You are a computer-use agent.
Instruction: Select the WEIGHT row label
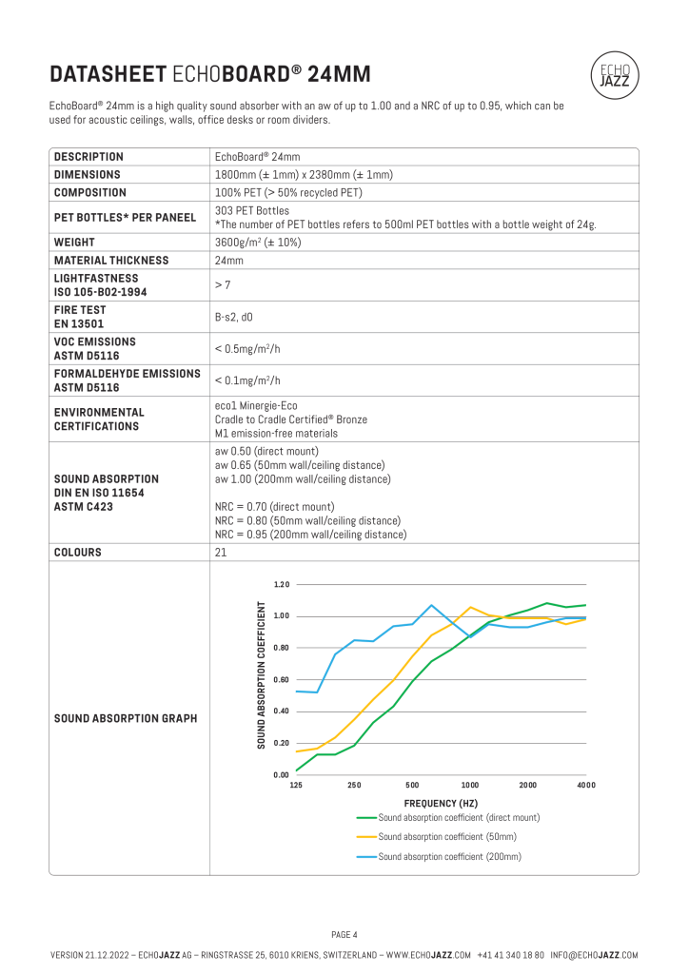pos(74,243)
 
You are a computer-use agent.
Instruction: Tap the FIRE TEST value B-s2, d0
pos(234,317)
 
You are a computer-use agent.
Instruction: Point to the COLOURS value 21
pos(221,552)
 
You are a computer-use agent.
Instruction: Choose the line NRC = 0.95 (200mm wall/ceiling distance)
pos(310,535)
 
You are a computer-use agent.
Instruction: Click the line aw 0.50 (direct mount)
pos(267,451)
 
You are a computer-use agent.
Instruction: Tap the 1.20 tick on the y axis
pos(281,584)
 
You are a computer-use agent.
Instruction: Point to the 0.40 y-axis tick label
pos(281,711)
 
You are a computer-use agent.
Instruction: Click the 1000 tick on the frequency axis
pos(470,785)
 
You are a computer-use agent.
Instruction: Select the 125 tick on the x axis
pos(296,785)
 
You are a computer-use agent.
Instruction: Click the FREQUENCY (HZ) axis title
pos(441,804)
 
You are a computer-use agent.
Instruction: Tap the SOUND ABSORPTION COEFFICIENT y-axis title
pos(261,675)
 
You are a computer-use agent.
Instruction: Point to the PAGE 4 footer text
pos(344,934)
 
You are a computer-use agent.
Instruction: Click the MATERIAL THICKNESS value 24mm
pos(229,261)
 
